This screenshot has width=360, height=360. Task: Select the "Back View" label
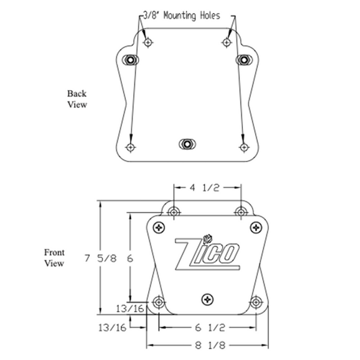(x=77, y=99)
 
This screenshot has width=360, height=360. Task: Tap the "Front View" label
(x=54, y=258)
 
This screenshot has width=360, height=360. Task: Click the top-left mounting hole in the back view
(x=148, y=42)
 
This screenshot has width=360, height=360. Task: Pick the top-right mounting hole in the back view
(x=226, y=42)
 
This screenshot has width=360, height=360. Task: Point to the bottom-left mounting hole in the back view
(x=130, y=147)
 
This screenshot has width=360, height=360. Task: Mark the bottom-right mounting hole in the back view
(x=243, y=147)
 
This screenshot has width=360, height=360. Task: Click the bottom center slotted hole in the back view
(x=187, y=143)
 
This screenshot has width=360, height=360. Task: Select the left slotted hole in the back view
(x=130, y=59)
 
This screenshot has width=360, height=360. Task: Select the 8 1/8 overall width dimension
(x=207, y=346)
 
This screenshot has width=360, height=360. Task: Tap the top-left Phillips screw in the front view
(x=159, y=227)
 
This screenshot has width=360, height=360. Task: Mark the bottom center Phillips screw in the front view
(x=208, y=298)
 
